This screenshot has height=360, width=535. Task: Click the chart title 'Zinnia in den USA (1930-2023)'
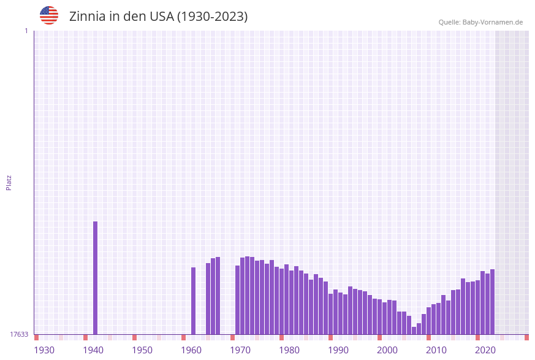click(x=158, y=17)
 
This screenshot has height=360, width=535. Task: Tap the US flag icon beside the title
click(x=49, y=15)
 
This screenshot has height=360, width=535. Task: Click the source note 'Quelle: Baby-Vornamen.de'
click(x=480, y=22)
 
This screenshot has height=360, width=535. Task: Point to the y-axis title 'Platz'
click(x=9, y=182)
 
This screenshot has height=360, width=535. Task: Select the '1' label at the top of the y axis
click(x=26, y=31)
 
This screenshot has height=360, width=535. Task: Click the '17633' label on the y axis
click(x=18, y=334)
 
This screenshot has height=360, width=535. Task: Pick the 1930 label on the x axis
click(x=44, y=350)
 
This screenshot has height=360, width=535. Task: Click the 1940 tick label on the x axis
click(x=93, y=350)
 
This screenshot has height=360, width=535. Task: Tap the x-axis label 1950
click(x=142, y=350)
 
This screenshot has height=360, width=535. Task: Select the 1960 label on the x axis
click(x=191, y=350)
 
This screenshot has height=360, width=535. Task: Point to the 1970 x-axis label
click(x=240, y=350)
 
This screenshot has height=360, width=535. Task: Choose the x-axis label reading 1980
click(x=289, y=350)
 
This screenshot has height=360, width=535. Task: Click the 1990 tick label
click(x=338, y=350)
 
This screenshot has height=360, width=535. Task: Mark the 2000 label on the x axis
click(x=387, y=350)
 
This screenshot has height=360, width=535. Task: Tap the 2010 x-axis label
click(x=436, y=350)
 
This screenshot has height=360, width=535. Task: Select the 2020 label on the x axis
click(x=485, y=350)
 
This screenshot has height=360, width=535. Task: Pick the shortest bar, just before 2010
click(x=414, y=331)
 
